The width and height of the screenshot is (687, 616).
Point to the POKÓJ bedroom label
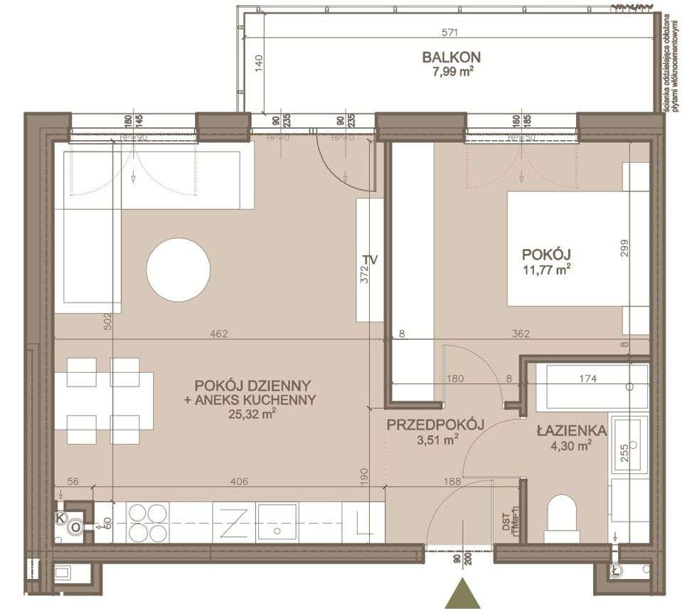[x=547, y=254]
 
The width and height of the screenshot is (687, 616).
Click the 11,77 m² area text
[x=547, y=269]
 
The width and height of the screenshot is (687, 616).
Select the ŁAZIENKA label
[x=571, y=431]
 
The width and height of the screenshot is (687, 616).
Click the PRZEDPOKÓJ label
[x=435, y=425]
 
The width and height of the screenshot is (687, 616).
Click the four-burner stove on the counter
[x=147, y=522]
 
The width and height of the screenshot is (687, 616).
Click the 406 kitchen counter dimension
[x=238, y=482]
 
